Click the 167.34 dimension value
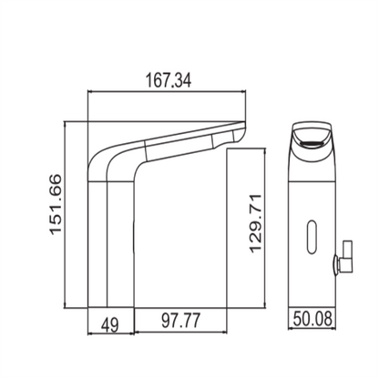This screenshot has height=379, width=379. coord(170,78)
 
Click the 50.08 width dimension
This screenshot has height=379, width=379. coord(314,320)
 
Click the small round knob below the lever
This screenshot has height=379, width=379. coord(336,267)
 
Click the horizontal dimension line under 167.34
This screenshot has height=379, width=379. coord(169,92)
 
